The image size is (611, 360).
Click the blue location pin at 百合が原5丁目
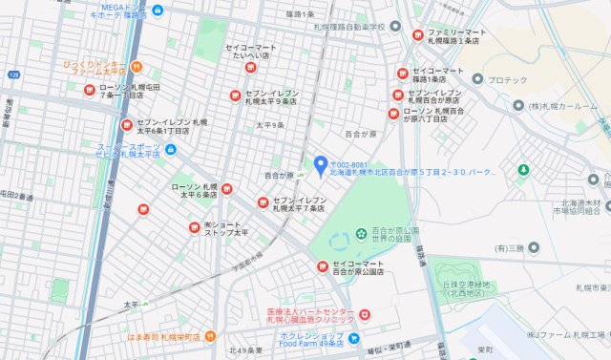321,164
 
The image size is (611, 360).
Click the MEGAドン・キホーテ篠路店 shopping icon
158,10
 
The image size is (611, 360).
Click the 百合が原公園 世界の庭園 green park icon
361,232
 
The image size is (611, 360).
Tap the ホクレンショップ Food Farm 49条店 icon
353,338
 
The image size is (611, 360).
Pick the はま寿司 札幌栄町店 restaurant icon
210,335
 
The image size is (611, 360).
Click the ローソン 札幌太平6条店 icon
227,188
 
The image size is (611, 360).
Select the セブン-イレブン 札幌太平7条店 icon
263,201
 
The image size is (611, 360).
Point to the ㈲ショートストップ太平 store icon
194,227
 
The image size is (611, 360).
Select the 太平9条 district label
269,125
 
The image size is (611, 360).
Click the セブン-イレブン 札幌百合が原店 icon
398,95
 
